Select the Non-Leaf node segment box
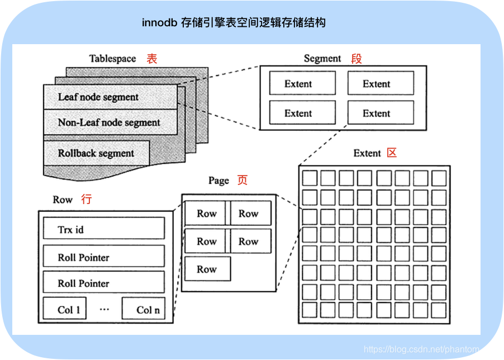coord(110,122)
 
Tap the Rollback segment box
coord(96,153)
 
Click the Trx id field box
coord(104,229)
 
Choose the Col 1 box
coord(65,309)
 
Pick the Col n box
coord(144,309)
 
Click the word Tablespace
coord(112,59)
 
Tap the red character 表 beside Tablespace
coord(152,59)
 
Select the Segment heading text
coord(322,59)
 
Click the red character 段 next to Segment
coord(356,59)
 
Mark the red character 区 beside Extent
coord(392,153)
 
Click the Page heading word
coord(218,181)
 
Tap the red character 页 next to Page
coord(242,181)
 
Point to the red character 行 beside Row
coord(86,200)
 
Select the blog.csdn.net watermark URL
coord(431,349)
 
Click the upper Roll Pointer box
coord(104,257)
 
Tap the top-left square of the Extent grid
coord(310,178)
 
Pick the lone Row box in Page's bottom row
coord(207,269)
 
